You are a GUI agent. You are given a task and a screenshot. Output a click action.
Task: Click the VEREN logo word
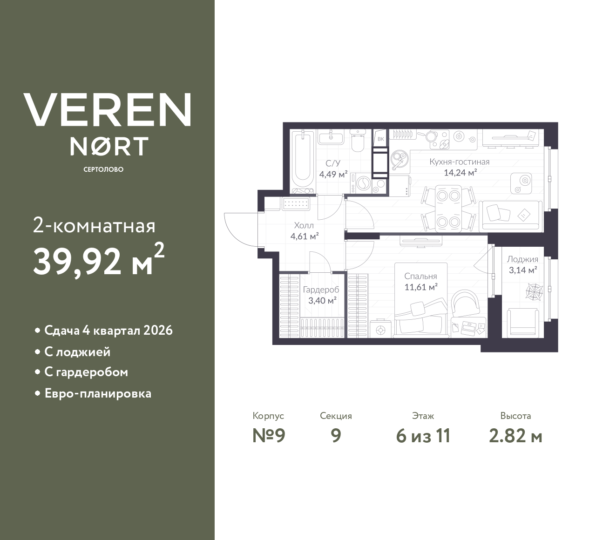coord(107,110)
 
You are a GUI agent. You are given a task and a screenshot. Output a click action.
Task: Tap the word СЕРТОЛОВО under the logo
coord(103,169)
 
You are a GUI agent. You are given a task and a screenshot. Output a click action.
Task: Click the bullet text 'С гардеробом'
coord(86,372)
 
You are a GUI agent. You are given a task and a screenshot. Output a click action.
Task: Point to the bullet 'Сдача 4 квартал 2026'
coord(108,330)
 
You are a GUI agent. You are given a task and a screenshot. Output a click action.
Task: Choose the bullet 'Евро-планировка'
coord(98,393)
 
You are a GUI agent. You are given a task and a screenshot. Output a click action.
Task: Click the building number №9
coord(268,436)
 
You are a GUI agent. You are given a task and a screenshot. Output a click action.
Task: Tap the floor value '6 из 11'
coord(423,436)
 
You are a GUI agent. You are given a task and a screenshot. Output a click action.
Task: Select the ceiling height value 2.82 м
coord(515,436)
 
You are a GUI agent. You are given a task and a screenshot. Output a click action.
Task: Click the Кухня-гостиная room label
coord(459,162)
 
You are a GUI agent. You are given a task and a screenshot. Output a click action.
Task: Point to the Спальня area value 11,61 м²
coord(420,287)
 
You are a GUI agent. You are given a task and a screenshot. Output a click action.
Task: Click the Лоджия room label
coord(522,259)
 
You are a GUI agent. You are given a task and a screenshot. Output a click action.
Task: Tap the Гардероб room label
coord(321,290)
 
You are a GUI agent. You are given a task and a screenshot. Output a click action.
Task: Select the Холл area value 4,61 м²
coord(304,236)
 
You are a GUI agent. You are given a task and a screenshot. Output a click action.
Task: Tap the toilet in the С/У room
coord(358,142)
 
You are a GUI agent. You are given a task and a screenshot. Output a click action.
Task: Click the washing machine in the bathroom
coord(362,183)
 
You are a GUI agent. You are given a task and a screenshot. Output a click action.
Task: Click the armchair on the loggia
coord(522,321)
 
